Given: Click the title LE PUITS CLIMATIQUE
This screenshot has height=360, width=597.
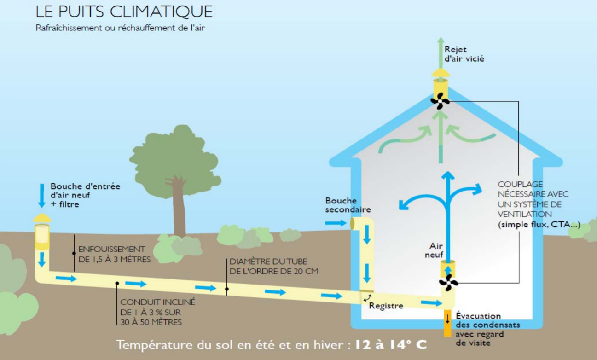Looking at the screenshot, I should click(x=124, y=12).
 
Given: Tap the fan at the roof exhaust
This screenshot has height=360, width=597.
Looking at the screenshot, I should click(x=440, y=101).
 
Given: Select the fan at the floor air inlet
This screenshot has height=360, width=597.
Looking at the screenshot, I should click(x=448, y=282).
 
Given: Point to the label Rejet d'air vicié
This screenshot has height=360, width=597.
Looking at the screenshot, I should click(x=464, y=54).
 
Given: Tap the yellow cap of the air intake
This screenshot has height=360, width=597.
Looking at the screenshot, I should click(x=42, y=218).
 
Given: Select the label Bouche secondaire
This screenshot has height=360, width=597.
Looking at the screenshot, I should click(x=348, y=205).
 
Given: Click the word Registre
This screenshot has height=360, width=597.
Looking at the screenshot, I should click(x=386, y=306).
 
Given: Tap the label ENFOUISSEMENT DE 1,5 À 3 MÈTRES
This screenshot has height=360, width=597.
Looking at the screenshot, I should click(x=115, y=254).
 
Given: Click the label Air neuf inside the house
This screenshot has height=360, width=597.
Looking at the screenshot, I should click(x=436, y=250).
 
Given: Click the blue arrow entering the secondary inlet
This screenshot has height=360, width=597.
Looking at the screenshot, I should click(x=336, y=223).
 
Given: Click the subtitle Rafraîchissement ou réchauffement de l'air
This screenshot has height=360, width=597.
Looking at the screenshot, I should click(x=120, y=28).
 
